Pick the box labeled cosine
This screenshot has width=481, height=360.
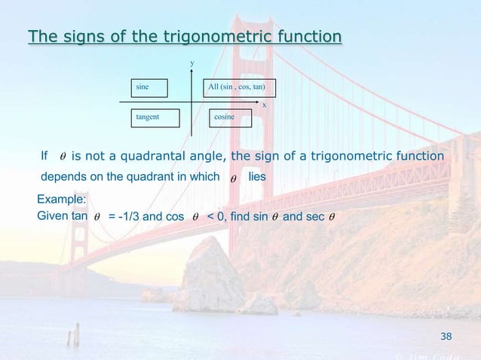(x=237, y=117)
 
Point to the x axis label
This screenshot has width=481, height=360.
(x=264, y=105)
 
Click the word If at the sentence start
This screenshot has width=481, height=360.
(x=44, y=156)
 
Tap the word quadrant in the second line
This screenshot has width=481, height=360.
(x=152, y=175)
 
